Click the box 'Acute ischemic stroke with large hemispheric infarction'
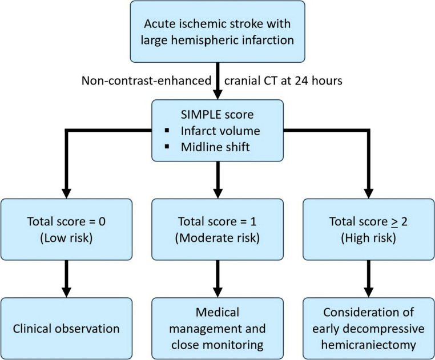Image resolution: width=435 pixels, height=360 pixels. [x=217, y=31]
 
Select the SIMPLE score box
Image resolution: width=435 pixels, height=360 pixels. [x=217, y=130]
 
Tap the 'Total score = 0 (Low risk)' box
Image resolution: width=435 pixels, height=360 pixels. [x=66, y=229]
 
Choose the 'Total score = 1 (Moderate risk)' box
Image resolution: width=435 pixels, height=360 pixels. [x=217, y=229]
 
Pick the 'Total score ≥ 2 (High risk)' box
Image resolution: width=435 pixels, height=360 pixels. [x=368, y=229]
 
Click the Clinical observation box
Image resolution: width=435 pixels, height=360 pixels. [x=66, y=329]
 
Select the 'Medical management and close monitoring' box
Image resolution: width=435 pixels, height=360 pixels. [x=217, y=329]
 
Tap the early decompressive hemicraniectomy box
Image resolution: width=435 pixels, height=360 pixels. [x=368, y=329]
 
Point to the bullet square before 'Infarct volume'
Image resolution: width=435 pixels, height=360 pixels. [x=167, y=130]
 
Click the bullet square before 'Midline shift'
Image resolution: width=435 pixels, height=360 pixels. [x=167, y=147]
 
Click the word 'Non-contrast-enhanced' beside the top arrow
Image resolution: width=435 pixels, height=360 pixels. [x=147, y=80]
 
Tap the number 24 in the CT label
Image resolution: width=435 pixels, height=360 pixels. [x=301, y=80]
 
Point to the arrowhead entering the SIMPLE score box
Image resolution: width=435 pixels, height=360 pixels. [x=217, y=95]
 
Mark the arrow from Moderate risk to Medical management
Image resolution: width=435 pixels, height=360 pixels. [x=217, y=279]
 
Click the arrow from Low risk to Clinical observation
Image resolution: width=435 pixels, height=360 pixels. [x=66, y=279]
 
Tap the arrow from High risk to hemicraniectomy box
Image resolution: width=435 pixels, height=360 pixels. [x=368, y=279]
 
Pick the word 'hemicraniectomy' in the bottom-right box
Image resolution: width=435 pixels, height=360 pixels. [x=368, y=345]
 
